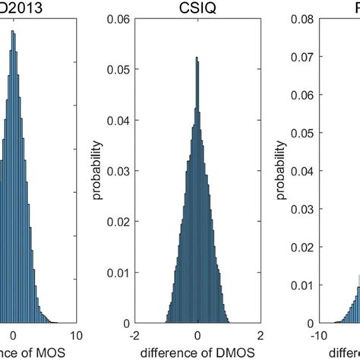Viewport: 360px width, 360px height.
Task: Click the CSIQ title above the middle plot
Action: click(x=197, y=8)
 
